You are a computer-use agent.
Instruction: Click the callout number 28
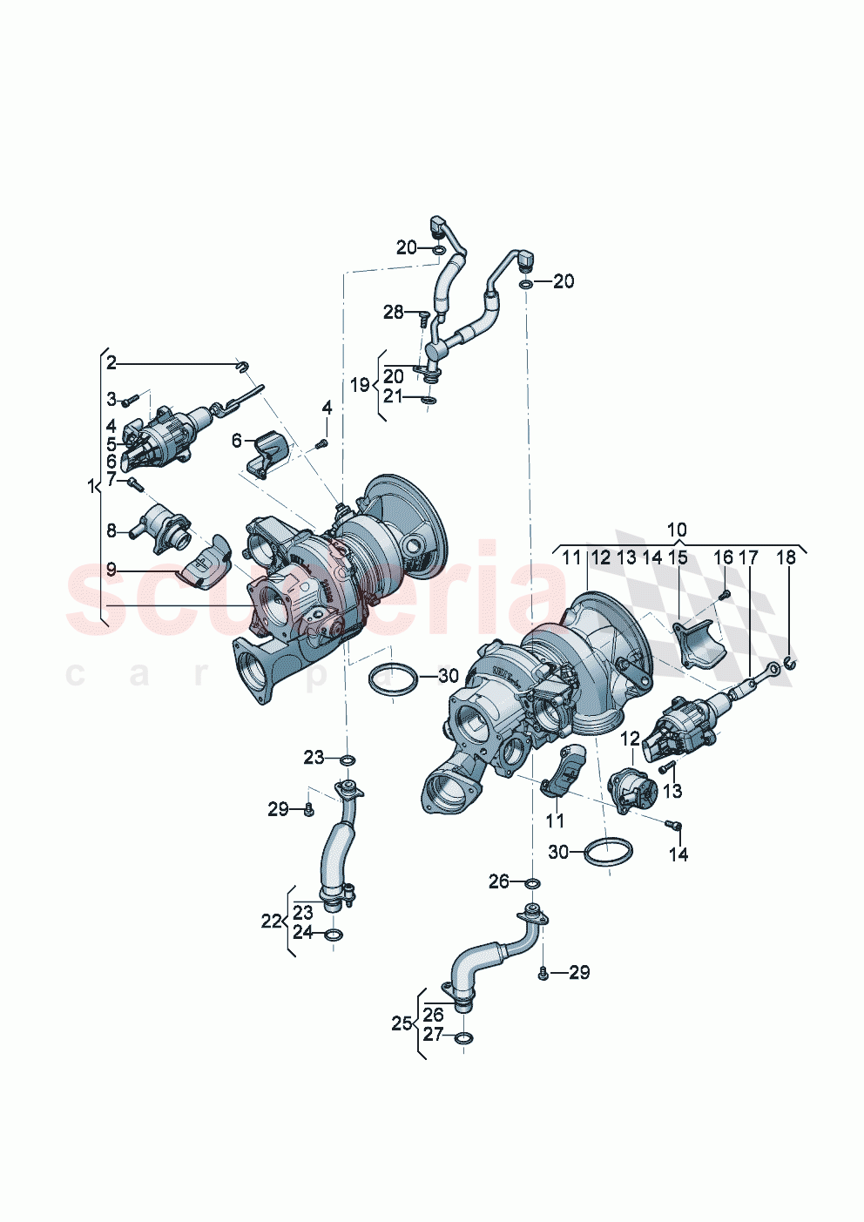click(x=394, y=312)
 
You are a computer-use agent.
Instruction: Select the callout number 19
click(x=359, y=384)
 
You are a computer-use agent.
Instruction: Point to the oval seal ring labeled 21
click(x=428, y=400)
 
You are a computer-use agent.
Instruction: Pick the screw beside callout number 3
click(x=130, y=401)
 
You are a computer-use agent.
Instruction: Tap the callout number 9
click(x=111, y=570)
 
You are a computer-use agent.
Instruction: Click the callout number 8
click(x=111, y=530)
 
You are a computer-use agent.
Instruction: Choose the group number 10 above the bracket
click(x=677, y=530)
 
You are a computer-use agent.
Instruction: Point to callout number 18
click(x=786, y=557)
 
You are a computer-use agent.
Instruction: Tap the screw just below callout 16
click(x=724, y=594)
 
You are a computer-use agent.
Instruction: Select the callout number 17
click(x=747, y=557)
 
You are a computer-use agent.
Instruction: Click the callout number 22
click(x=271, y=921)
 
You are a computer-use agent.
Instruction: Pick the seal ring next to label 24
click(x=334, y=935)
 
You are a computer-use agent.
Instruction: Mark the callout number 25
click(x=401, y=1023)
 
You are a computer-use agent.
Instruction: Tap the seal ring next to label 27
click(x=464, y=1037)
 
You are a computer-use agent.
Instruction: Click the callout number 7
click(x=111, y=479)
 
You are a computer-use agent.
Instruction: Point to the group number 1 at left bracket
click(x=91, y=487)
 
